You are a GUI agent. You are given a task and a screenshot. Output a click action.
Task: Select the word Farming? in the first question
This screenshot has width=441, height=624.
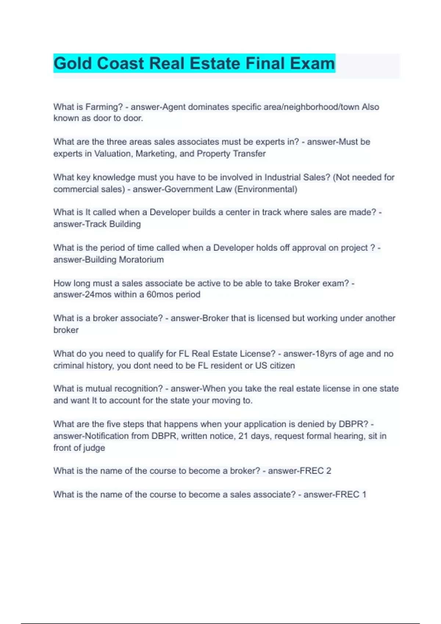(x=104, y=107)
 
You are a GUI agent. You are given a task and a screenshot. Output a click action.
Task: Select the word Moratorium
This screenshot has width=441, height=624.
(x=141, y=260)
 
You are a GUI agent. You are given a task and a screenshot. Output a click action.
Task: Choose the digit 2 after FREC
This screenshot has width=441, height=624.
(x=329, y=471)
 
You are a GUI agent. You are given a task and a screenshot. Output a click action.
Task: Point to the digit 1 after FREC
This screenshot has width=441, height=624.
(x=364, y=494)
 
